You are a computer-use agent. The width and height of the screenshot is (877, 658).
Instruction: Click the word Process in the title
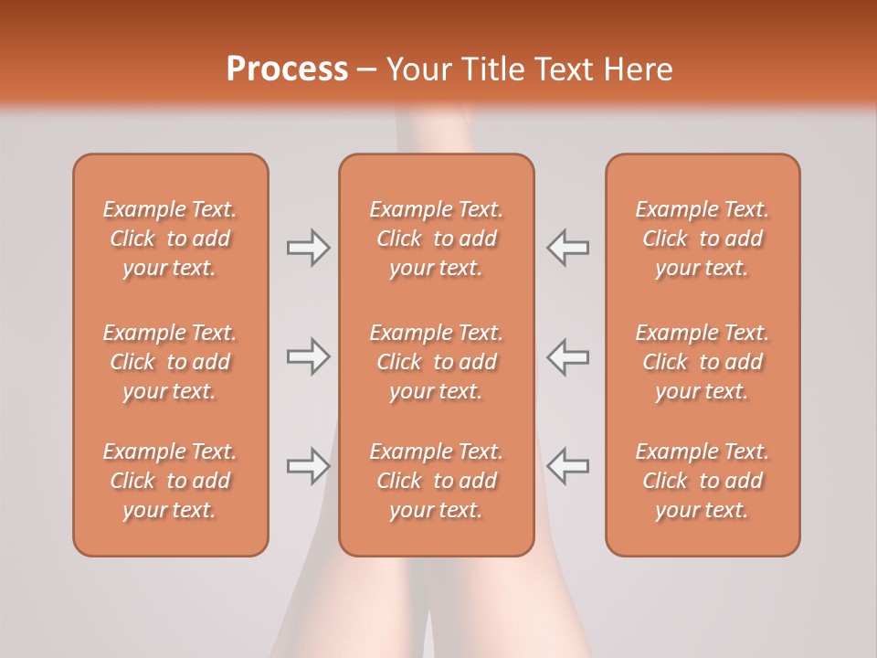[287, 69]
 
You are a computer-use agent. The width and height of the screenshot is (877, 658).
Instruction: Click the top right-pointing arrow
[308, 248]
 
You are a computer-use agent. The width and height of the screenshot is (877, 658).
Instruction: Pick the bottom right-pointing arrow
[308, 466]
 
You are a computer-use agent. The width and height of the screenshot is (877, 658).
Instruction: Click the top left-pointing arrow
[567, 248]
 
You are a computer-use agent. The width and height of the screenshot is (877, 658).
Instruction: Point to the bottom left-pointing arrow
[567, 466]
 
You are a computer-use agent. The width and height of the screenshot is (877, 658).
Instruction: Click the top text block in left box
[170, 239]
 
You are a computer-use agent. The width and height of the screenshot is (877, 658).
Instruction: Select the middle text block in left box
[170, 362]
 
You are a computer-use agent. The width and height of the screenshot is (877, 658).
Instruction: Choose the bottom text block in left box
[170, 481]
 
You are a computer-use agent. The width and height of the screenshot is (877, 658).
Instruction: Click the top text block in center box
[436, 239]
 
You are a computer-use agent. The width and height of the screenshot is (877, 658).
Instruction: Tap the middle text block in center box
[436, 362]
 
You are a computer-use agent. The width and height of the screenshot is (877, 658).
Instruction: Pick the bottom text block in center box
[436, 481]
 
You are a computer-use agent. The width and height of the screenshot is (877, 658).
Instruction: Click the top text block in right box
[702, 239]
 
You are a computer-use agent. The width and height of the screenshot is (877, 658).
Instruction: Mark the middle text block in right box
[702, 362]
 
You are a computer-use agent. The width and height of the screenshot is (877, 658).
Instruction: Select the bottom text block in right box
[702, 481]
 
